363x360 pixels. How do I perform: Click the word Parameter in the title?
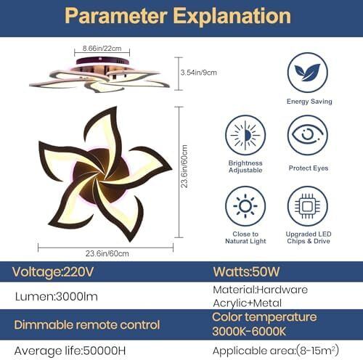pos(116,16)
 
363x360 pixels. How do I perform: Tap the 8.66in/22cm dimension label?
pos(102,49)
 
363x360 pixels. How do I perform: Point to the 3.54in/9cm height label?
pos(198,73)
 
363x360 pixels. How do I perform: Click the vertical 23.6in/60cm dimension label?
pos(184,166)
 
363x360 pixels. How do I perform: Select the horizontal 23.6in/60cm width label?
pos(107,253)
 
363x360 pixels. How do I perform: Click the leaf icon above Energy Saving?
pos(307,73)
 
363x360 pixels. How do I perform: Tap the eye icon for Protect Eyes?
pos(308,135)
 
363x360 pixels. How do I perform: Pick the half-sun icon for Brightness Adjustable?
pos(245,135)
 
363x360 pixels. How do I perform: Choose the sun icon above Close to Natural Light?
pos(245,206)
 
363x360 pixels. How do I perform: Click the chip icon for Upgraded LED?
pos(308,206)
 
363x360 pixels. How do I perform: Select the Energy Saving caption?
pos(309,102)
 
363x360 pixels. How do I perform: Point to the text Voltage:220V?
pos(53,271)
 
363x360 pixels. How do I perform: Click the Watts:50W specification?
pos(246,271)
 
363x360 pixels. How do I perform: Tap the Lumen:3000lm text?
pos(57,297)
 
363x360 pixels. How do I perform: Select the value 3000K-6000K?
pos(249,332)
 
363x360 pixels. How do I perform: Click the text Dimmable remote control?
pos(87,325)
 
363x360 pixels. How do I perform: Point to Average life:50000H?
pos(70,351)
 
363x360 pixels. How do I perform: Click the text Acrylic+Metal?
pos(247,303)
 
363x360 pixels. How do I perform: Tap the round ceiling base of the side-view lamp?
pos(102,60)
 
